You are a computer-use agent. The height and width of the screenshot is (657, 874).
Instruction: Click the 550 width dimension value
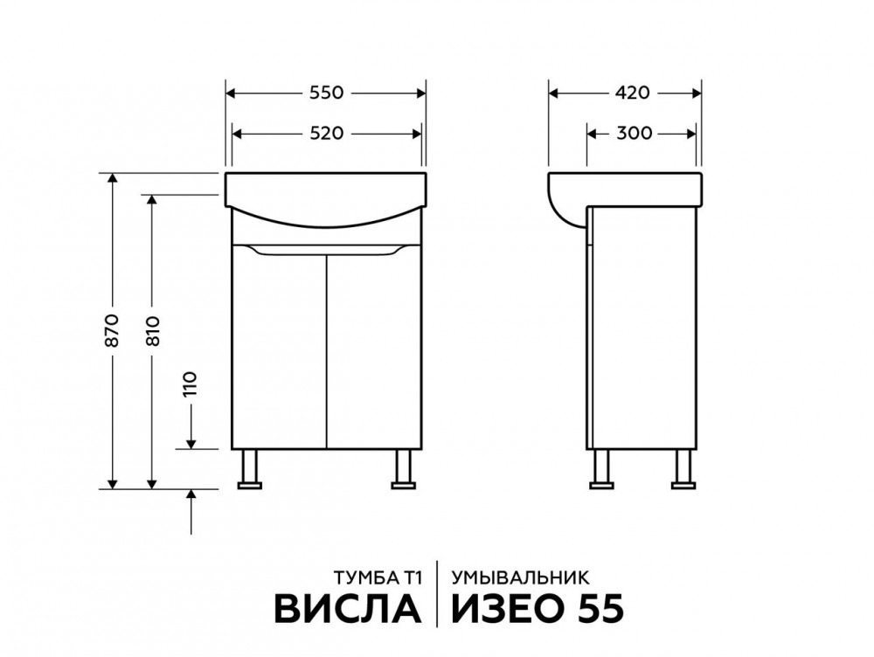click(x=326, y=93)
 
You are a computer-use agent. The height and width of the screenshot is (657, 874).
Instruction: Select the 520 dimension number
click(x=326, y=134)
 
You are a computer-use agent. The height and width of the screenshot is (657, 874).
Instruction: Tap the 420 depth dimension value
click(x=633, y=93)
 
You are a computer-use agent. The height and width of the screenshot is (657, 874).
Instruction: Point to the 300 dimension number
click(x=635, y=134)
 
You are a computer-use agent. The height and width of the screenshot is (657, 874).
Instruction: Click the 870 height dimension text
click(x=112, y=330)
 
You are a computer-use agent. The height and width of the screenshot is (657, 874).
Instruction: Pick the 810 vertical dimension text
click(x=153, y=331)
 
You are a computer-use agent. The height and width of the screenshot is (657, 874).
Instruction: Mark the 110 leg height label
click(x=191, y=384)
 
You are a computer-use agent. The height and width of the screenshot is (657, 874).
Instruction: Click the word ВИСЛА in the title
click(x=347, y=609)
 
